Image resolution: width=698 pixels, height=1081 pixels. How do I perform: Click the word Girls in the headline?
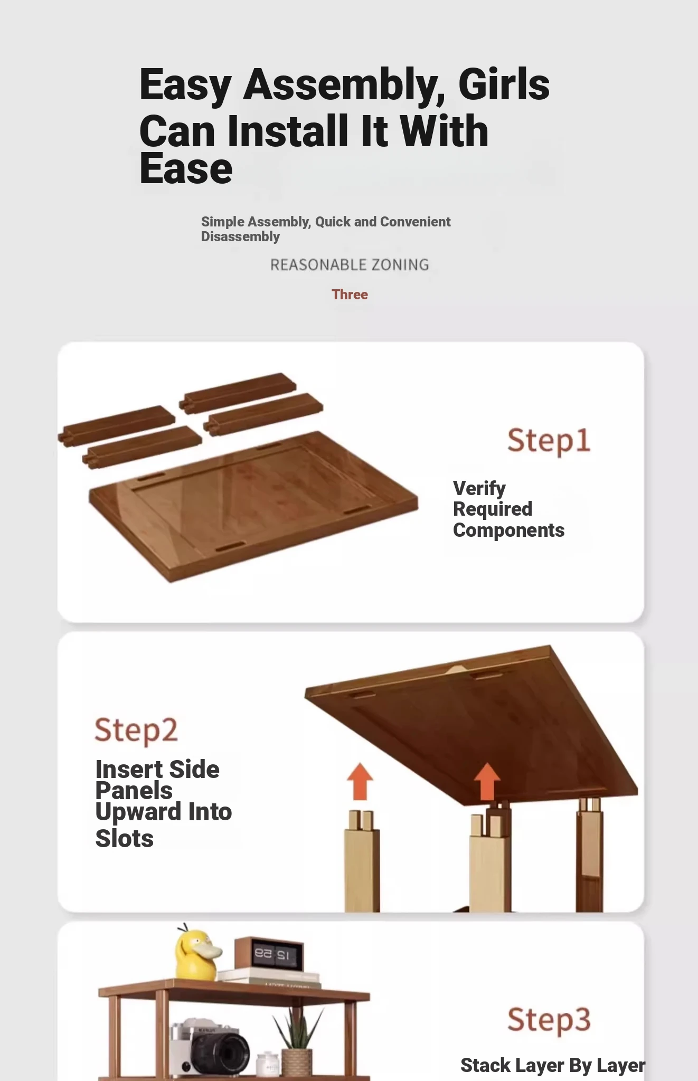pos(504,84)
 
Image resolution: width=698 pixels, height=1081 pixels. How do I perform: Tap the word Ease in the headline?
pos(186,169)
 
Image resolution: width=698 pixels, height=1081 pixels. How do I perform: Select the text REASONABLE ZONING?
pos(350,264)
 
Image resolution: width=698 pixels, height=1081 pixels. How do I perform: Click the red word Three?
pos(350,295)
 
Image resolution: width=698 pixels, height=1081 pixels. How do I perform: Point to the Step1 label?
pos(549,441)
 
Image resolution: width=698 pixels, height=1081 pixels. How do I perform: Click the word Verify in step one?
pos(479,489)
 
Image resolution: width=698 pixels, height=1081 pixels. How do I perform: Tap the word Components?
pos(509,530)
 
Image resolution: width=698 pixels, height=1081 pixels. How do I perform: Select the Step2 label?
pos(136,731)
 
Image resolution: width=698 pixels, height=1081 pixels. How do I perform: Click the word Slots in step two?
pos(125,839)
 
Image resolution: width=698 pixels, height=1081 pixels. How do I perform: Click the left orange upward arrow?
pos(360,781)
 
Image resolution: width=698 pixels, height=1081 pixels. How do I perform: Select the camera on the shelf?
pos(210,1047)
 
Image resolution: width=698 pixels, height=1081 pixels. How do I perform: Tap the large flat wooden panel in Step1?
pos(253,507)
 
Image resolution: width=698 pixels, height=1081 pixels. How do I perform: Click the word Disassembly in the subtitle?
pos(240,236)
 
